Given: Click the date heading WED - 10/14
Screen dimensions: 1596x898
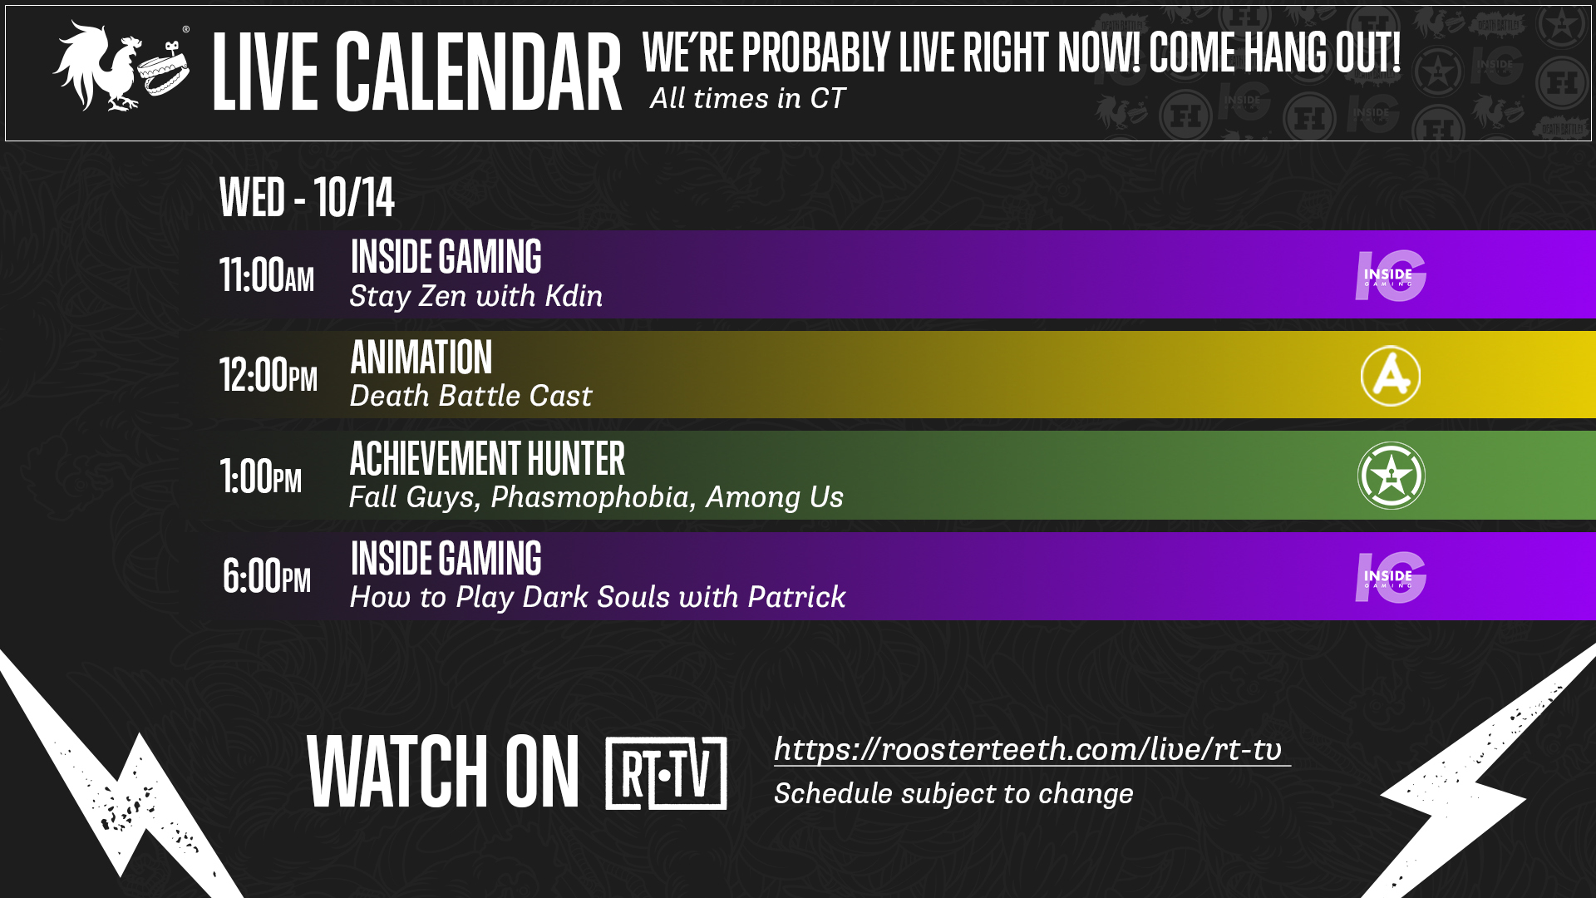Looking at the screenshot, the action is [307, 197].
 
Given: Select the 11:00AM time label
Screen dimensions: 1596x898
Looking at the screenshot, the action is [267, 274].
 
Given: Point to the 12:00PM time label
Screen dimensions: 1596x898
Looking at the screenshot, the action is [268, 374].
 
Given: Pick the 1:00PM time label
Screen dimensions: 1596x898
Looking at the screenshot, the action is [261, 476].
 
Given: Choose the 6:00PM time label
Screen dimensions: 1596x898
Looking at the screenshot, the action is [267, 575].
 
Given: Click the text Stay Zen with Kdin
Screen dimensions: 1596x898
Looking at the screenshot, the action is [476, 296].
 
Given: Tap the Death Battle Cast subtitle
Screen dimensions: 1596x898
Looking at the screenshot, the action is [470, 396].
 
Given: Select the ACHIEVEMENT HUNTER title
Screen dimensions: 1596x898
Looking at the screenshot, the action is [487, 458].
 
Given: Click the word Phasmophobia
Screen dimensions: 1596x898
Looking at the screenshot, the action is [590, 497].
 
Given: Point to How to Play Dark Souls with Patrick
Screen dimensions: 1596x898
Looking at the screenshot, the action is [598, 597].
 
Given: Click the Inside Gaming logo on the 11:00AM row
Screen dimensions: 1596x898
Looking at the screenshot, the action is [1391, 275].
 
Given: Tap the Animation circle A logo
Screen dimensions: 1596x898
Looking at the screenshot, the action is [1391, 376].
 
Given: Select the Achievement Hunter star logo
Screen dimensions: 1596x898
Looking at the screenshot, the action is [1392, 476].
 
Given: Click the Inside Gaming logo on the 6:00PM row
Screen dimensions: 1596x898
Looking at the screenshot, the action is [1391, 577].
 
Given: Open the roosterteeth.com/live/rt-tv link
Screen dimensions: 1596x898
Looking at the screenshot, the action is [1032, 749].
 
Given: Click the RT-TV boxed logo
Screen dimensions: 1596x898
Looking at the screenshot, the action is [666, 773].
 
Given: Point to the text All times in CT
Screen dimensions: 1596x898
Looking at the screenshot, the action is [747, 98].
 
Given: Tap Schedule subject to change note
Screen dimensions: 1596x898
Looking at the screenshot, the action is [953, 794].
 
